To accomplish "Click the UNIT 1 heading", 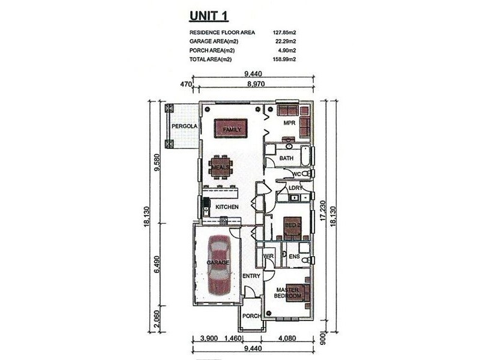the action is coord(209,16).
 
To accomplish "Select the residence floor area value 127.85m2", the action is coord(284,32).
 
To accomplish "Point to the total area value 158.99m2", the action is coord(284,59).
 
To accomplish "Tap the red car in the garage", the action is coord(218,265).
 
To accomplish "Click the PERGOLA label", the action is coord(184,126).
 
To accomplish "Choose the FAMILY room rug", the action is coord(231,128).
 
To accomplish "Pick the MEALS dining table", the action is coord(220,167).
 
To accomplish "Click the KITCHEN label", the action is coord(227,207).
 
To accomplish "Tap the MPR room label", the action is coord(289,123).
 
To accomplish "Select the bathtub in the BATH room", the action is coord(305,156).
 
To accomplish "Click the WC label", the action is coord(297,174).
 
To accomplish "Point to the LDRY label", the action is coord(295,188).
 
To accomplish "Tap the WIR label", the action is coord(268,256).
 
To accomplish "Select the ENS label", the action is coord(294,257).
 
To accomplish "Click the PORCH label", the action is coord(251,316).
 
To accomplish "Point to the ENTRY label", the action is coord(251,276).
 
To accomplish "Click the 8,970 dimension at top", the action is coord(256,83).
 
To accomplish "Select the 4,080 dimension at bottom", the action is coord(287,338).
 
